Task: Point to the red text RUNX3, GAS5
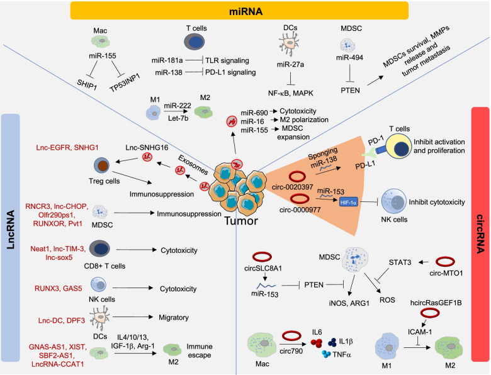click(43, 288)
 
